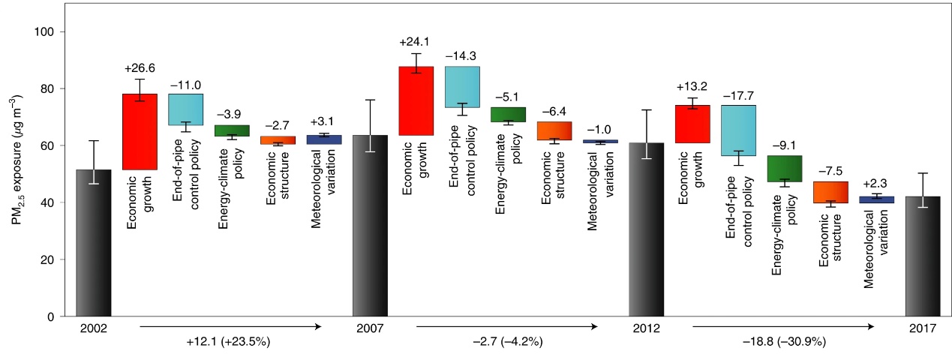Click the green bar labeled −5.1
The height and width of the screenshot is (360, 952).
click(x=508, y=114)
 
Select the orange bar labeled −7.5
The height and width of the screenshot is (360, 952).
click(x=830, y=192)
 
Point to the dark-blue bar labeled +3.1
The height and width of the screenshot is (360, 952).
click(x=324, y=139)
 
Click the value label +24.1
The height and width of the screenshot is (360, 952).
click(x=416, y=42)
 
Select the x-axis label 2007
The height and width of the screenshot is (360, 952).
click(x=370, y=329)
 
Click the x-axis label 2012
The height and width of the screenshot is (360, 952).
click(x=646, y=329)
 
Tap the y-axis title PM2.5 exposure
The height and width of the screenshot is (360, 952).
click(x=17, y=172)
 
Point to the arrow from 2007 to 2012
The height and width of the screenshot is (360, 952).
click(x=507, y=326)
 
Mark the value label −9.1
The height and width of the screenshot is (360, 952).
click(x=785, y=146)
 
